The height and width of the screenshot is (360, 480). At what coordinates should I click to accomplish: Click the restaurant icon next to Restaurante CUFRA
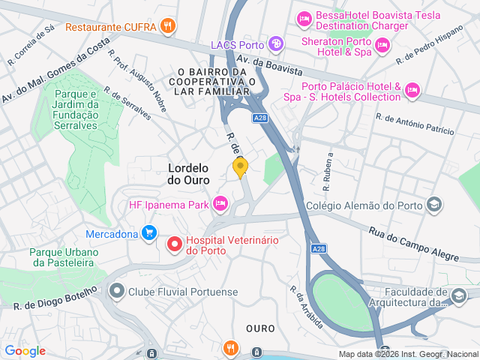(169, 26)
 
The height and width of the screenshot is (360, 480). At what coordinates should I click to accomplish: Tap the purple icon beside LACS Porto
(277, 44)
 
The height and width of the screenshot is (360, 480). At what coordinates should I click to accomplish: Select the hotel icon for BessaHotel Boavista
(304, 18)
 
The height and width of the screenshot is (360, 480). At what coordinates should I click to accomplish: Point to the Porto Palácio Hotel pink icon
(411, 91)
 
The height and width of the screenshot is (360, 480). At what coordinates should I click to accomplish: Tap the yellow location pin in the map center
(240, 167)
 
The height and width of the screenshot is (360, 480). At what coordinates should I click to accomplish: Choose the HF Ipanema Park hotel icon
(220, 203)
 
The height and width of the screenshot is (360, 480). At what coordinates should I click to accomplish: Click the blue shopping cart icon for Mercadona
(149, 233)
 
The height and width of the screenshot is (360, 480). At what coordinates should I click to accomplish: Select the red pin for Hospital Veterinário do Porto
(175, 244)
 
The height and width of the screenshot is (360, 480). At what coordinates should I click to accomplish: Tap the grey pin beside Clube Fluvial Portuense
(116, 291)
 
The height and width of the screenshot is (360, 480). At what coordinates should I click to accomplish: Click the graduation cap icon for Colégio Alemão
(433, 205)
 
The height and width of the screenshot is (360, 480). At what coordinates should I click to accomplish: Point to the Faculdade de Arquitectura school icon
(458, 297)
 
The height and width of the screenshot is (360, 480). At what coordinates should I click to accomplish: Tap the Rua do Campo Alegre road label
(412, 245)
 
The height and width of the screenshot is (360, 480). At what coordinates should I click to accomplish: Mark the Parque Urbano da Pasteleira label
(62, 257)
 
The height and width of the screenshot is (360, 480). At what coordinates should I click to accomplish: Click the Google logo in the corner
(25, 350)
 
